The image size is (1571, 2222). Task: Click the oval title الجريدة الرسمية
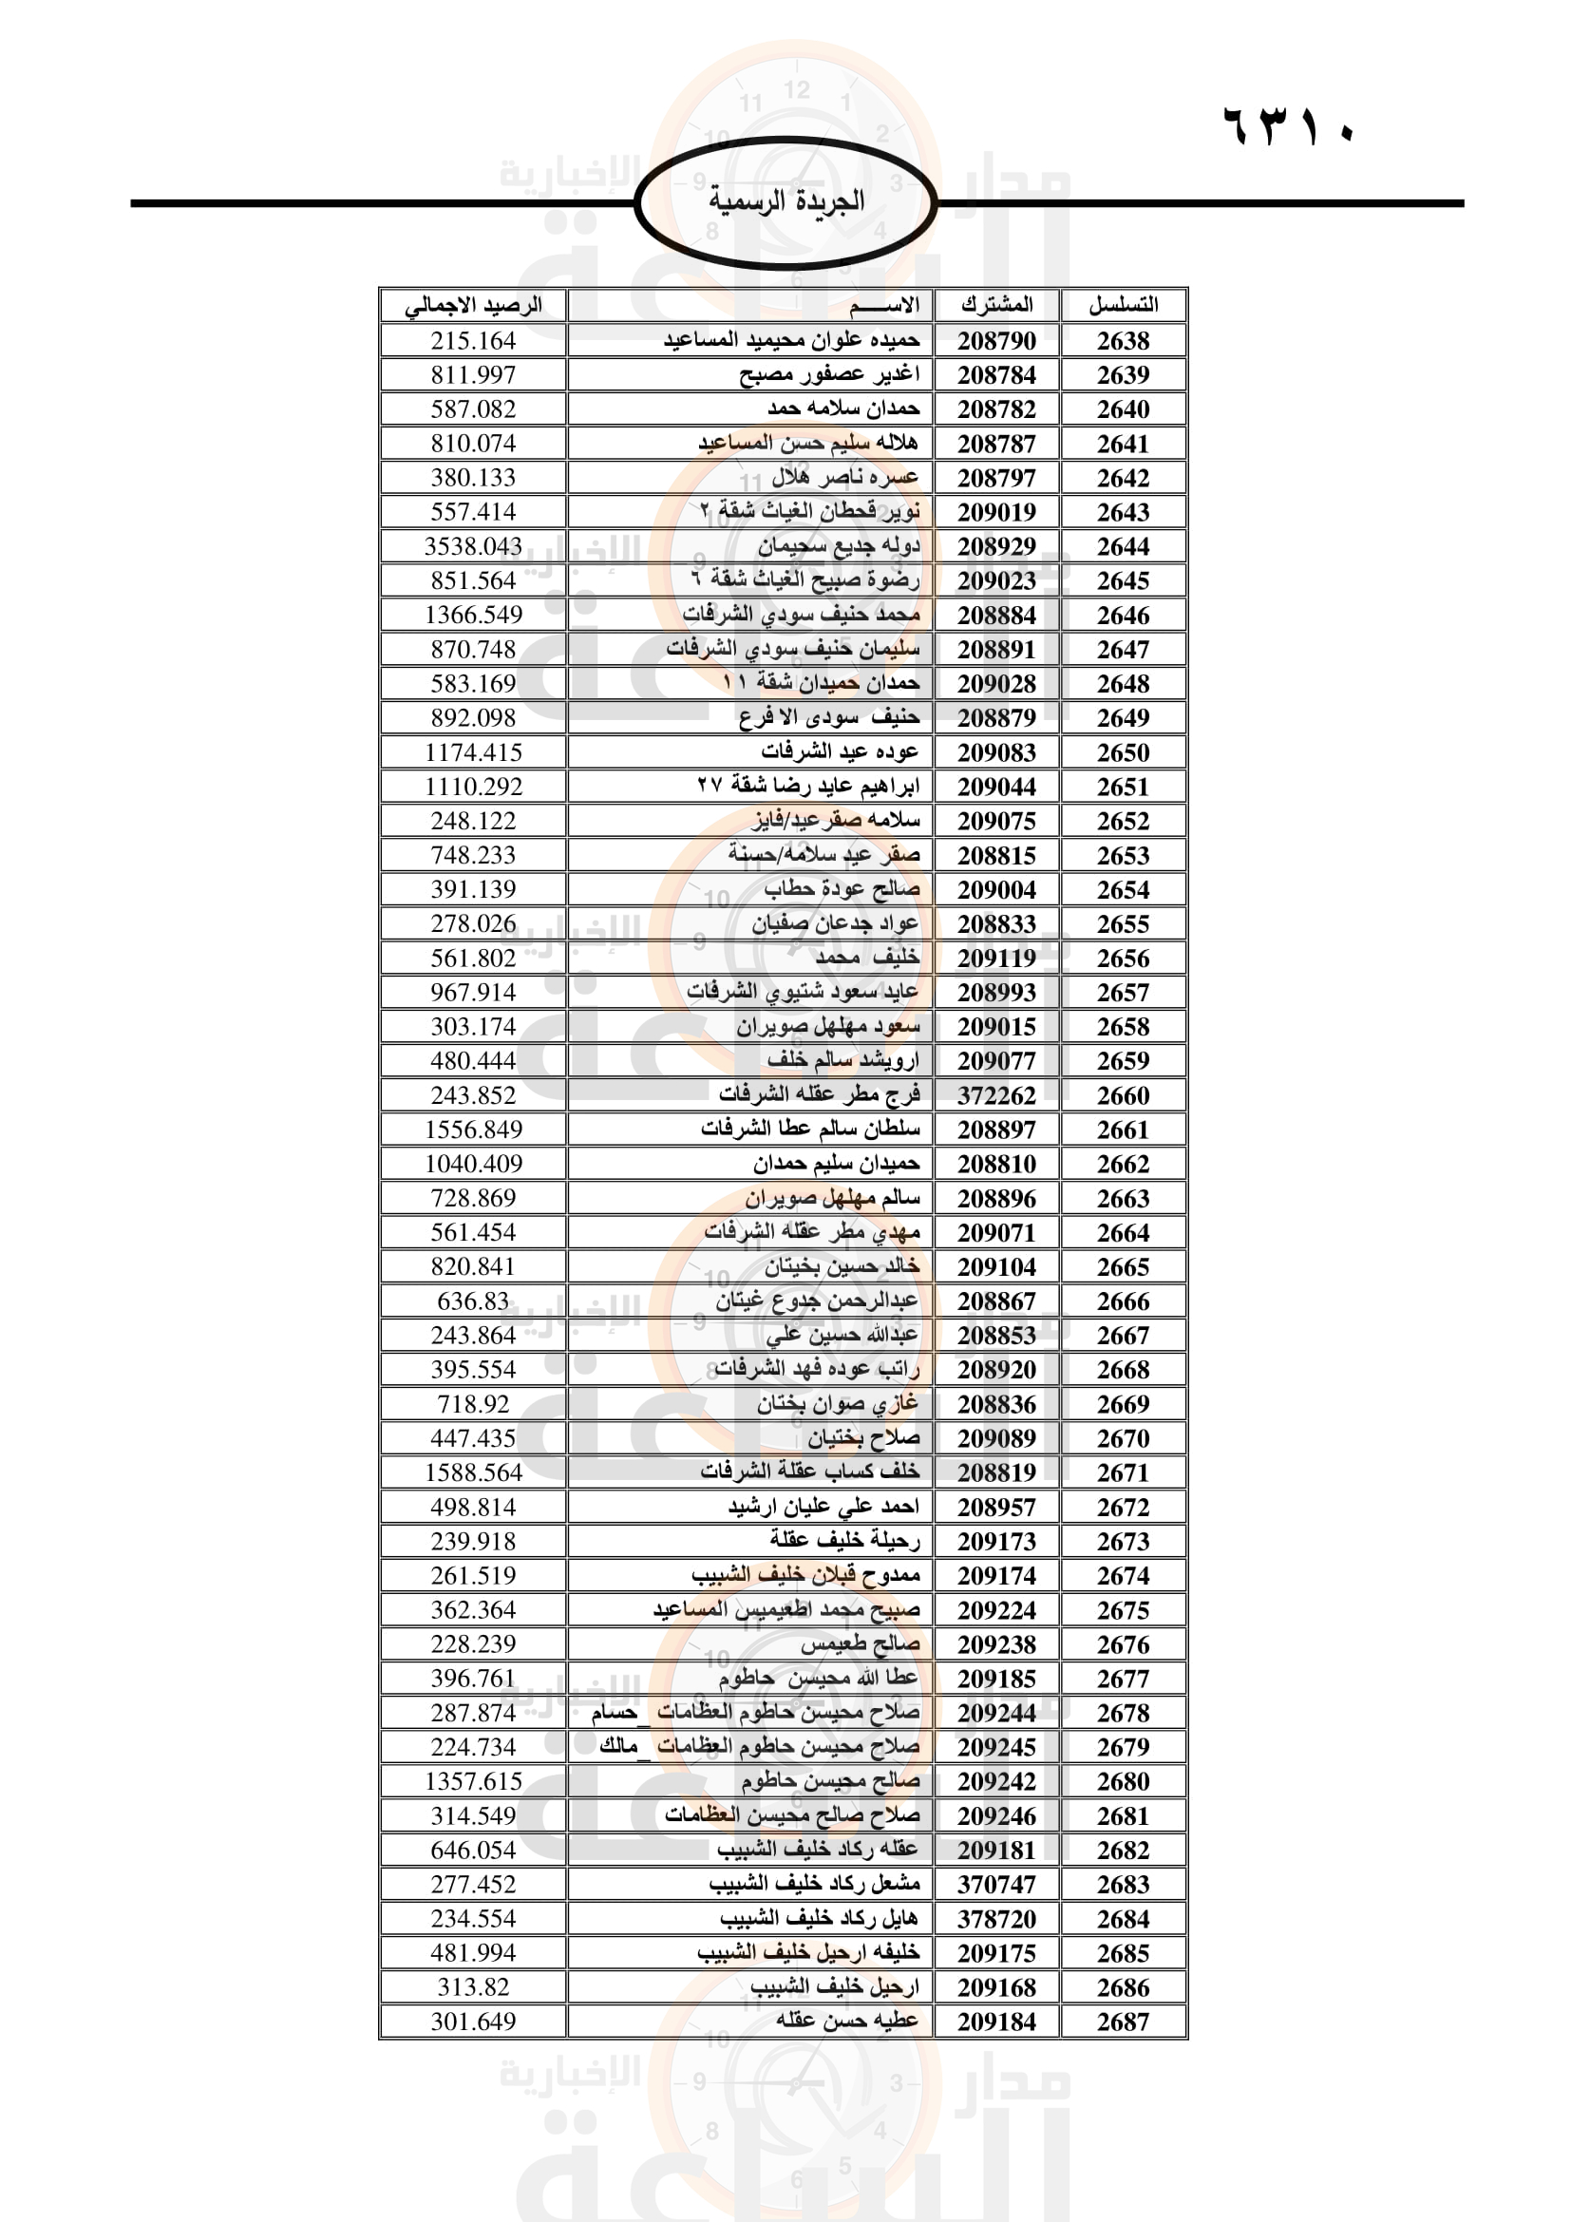click(785, 202)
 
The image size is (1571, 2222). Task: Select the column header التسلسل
click(1123, 305)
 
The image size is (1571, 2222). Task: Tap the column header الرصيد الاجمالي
click(473, 305)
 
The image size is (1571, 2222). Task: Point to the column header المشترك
click(996, 305)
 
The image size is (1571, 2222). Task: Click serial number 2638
click(1123, 341)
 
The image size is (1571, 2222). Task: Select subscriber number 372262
click(996, 1095)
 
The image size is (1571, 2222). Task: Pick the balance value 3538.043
click(473, 547)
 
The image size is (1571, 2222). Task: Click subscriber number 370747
click(996, 1884)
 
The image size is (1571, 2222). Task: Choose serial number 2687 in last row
click(1123, 2022)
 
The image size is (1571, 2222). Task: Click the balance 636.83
click(473, 1301)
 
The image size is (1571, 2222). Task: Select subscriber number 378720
click(996, 1918)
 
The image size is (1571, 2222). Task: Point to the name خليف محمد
click(867, 959)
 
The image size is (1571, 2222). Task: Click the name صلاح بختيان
click(863, 1438)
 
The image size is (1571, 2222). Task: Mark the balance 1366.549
click(473, 615)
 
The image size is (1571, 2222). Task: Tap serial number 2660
click(1123, 1095)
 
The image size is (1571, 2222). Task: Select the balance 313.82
click(473, 1986)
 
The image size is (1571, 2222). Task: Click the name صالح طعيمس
click(860, 1643)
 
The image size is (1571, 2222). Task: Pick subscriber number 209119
click(996, 959)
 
